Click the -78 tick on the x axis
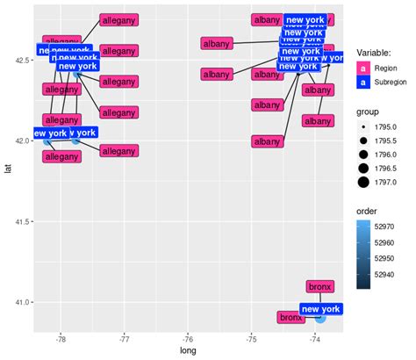61,336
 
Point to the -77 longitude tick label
125,336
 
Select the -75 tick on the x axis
251,336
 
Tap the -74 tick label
314,336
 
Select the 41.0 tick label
19,302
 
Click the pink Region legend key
363,67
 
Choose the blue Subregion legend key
363,82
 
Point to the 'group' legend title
369,112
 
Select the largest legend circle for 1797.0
363,183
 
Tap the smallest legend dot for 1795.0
363,127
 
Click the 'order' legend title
369,211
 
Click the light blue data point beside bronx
320,317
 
